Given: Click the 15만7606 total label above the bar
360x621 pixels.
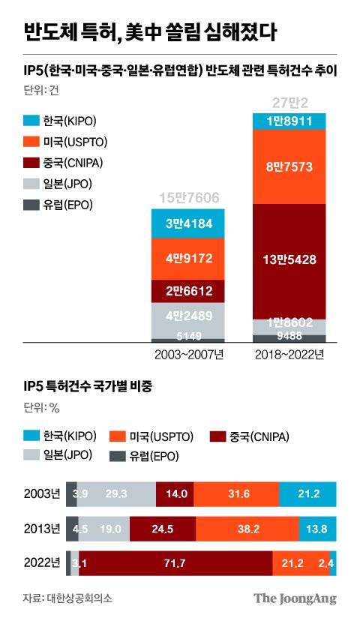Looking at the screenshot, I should pos(189,198).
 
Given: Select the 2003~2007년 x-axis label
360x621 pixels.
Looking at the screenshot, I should pos(189,354).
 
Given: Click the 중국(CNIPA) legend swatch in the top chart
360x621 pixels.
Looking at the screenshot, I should pos(31,163).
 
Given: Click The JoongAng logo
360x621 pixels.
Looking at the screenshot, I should pos(294,598).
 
